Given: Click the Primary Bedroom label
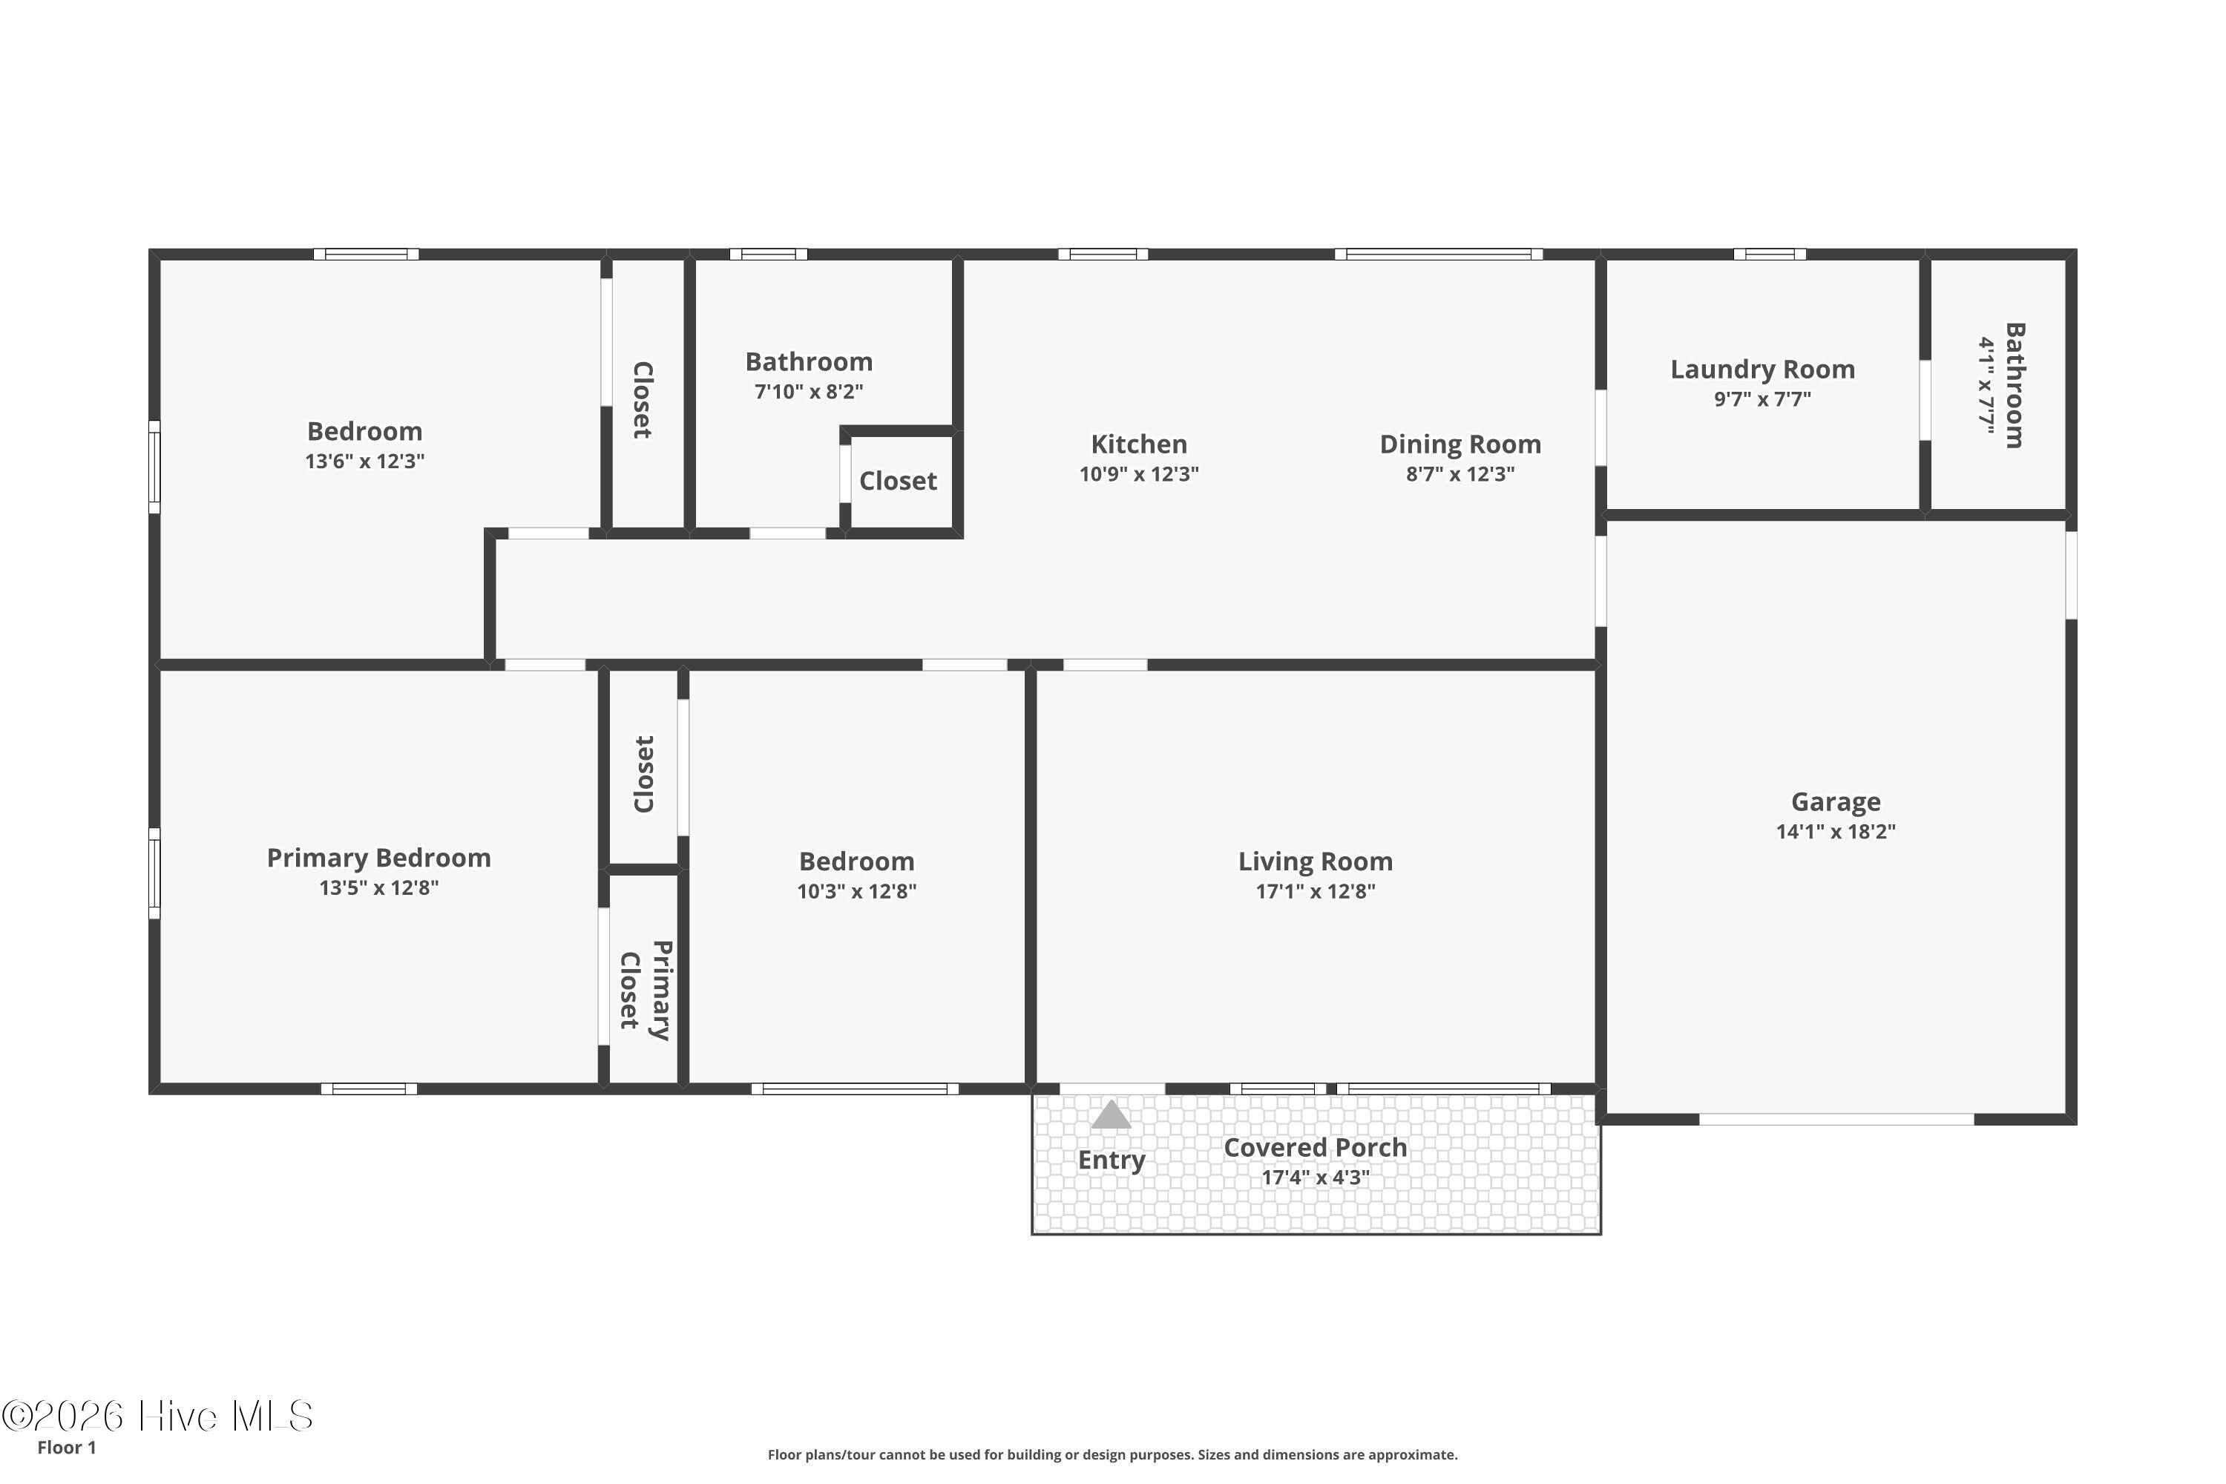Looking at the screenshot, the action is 378,858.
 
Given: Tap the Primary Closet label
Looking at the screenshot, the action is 645,990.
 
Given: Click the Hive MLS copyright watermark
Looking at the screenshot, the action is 157,1416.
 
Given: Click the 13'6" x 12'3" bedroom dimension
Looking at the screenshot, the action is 364,461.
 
